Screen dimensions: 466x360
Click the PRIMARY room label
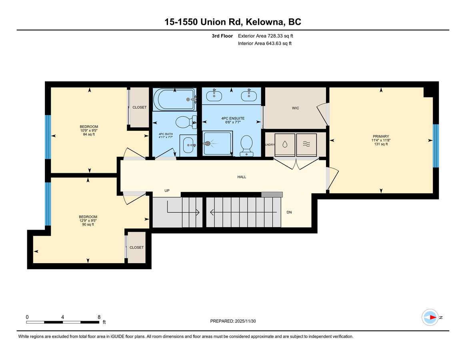pos(381,136)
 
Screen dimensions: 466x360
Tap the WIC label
pos(296,108)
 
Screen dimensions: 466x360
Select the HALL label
pos(242,177)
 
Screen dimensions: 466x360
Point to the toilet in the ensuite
pos(246,145)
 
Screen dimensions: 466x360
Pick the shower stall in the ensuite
pos(217,144)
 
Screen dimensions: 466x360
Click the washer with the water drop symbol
pos(285,145)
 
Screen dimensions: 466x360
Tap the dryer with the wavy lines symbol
pos(306,145)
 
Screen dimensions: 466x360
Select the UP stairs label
pos(167,190)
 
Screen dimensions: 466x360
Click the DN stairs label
pos(289,212)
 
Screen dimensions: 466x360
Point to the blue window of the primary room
pos(436,146)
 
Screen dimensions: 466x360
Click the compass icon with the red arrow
pos(430,318)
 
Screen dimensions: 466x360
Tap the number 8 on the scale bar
pos(99,317)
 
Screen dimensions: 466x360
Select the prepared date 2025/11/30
pos(245,321)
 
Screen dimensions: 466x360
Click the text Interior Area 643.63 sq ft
pos(265,44)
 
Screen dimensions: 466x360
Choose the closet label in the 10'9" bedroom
pos(139,107)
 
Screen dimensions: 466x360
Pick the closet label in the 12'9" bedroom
pos(136,247)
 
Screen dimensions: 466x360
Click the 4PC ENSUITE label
pos(233,118)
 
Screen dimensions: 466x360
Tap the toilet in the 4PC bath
pos(186,122)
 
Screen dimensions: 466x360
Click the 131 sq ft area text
pos(381,144)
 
